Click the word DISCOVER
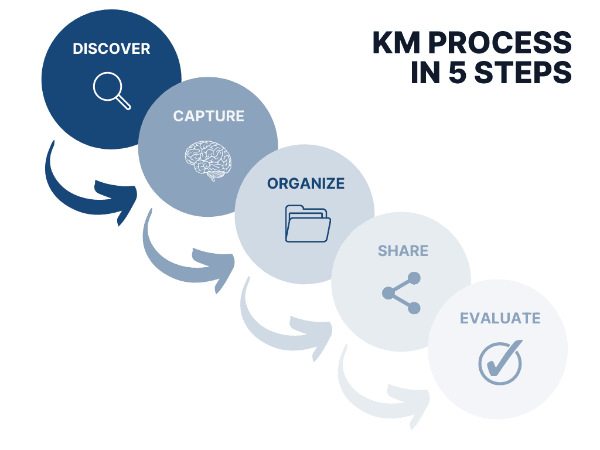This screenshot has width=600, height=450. (x=111, y=49)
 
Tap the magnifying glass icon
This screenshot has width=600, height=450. (x=111, y=90)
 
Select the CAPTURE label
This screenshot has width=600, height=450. (x=209, y=116)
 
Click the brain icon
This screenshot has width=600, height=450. (x=208, y=157)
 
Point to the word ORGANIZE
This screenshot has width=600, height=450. (x=306, y=183)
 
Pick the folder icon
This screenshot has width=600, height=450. (x=308, y=223)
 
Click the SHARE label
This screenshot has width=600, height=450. (x=403, y=251)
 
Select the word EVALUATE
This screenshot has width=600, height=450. (x=500, y=318)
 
